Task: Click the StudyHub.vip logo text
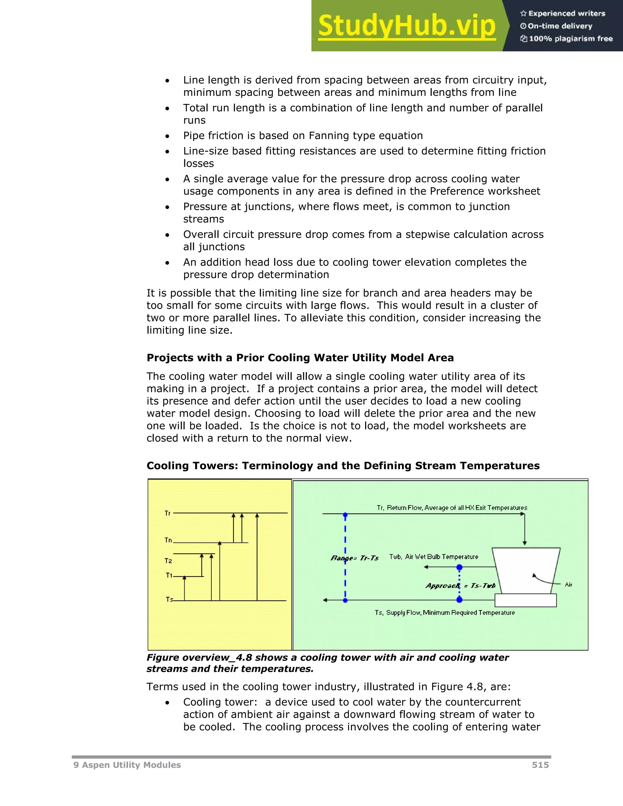406,26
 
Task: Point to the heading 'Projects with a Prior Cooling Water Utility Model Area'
300,358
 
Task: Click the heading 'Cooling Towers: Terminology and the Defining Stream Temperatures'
343,465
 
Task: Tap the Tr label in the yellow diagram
168,513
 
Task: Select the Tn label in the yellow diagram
168,540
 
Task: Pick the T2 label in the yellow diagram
168,561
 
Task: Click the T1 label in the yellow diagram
169,575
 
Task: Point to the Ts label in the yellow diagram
169,599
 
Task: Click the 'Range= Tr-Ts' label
355,558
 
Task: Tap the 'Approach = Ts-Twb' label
460,586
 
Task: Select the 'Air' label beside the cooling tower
568,585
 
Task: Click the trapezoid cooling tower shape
527,570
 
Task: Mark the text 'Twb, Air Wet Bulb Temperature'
434,557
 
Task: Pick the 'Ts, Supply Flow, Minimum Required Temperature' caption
445,613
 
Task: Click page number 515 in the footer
540,765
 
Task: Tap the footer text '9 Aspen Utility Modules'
127,765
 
